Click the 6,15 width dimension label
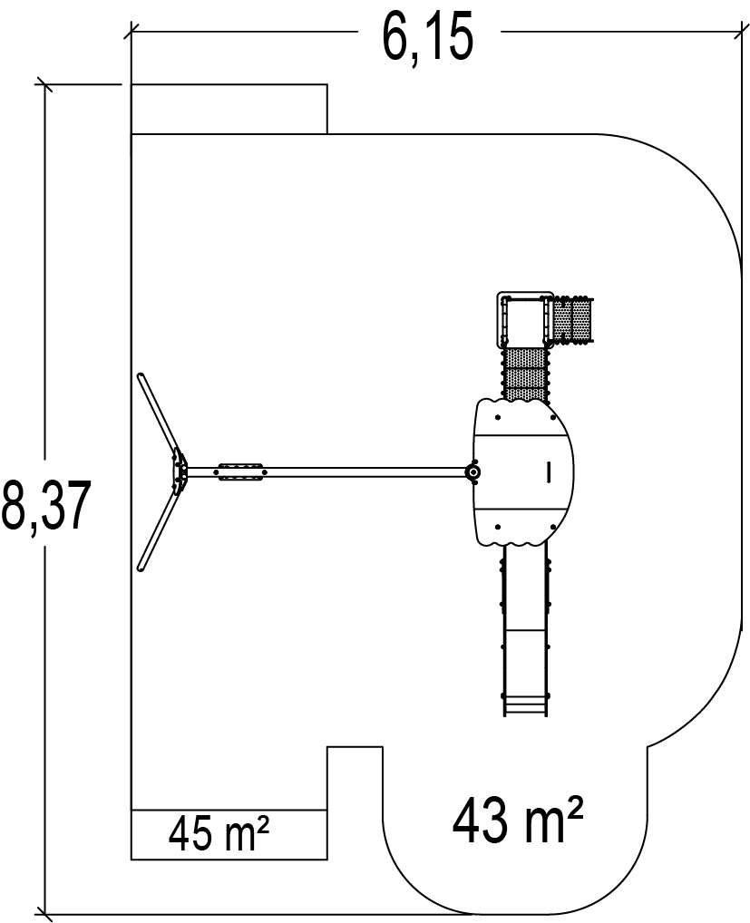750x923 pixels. (427, 39)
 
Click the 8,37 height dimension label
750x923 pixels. (46, 506)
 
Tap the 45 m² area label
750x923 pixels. (219, 835)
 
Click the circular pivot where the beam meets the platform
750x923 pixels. (472, 472)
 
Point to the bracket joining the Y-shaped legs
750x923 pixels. (180, 471)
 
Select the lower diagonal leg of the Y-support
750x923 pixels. (158, 531)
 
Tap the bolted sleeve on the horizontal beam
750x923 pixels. (241, 472)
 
